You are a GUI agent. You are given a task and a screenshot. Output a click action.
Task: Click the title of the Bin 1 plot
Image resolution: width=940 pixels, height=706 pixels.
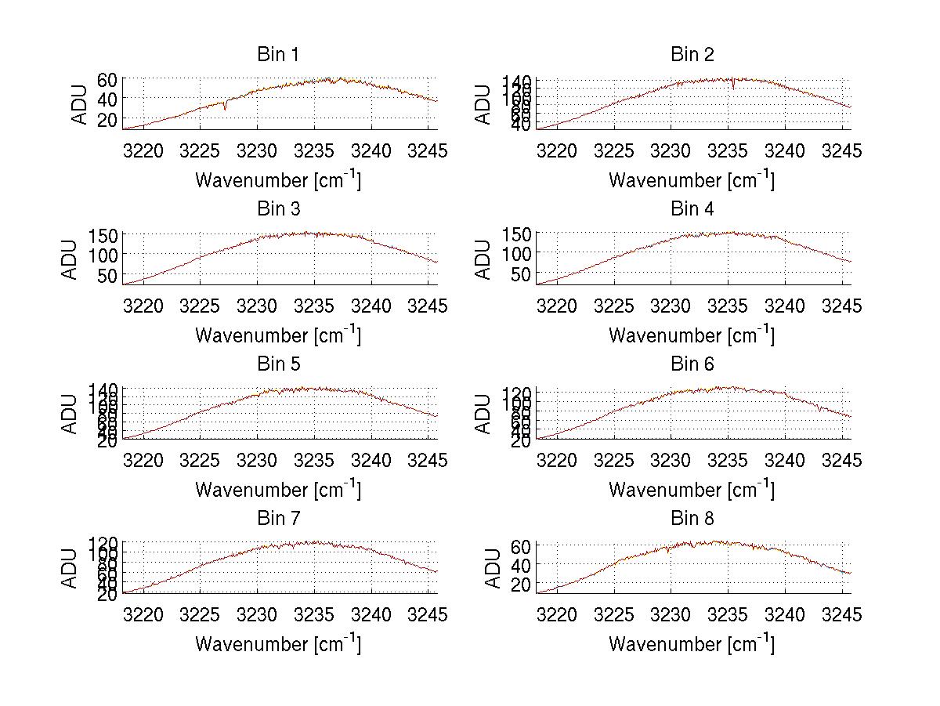tap(278, 54)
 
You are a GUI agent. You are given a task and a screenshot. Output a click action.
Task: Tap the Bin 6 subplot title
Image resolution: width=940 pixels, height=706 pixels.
tap(692, 364)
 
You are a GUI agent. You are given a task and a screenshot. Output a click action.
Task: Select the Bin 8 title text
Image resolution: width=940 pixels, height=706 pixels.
tap(692, 518)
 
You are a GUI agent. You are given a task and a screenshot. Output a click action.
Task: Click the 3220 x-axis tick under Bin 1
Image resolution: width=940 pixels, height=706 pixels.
tap(144, 150)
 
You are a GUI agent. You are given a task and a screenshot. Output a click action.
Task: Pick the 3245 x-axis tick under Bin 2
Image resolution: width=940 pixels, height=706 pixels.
tap(841, 150)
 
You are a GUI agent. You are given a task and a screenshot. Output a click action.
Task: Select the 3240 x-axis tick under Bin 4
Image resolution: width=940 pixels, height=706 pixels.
tap(785, 305)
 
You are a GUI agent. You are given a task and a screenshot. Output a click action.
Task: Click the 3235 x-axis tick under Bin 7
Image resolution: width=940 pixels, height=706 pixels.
tap(315, 614)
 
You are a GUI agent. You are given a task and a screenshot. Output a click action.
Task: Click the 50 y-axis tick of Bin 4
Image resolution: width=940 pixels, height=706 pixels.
tap(524, 274)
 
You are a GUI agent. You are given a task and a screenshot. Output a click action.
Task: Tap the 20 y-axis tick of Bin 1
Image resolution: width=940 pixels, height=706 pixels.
tap(108, 118)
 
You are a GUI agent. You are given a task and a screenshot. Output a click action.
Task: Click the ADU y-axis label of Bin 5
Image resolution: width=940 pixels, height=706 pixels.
tap(69, 414)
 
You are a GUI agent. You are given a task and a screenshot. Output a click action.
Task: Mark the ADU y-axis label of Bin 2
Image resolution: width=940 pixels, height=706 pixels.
tap(483, 104)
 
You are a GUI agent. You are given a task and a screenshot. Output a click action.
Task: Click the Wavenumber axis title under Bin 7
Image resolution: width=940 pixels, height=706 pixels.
tap(278, 643)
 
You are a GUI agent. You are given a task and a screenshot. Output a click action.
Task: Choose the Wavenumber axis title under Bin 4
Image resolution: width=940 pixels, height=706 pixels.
tap(692, 335)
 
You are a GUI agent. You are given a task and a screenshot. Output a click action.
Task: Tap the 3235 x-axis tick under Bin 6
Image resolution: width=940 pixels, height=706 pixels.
tap(728, 460)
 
